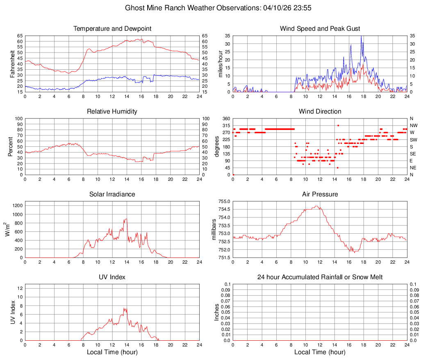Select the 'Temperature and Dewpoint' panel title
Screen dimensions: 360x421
click(x=112, y=29)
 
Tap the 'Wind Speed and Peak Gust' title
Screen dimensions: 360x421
click(x=320, y=29)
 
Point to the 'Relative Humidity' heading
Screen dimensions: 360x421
click(x=112, y=112)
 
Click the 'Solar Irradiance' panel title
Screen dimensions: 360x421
click(x=112, y=194)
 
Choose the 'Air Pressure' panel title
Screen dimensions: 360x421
click(x=320, y=194)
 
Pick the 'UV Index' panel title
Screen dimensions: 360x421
click(x=112, y=277)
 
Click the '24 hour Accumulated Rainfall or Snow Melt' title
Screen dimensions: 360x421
click(x=320, y=277)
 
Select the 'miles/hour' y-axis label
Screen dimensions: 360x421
click(x=220, y=64)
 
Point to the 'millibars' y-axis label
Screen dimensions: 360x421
click(x=214, y=230)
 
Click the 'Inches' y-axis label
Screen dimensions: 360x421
click(x=217, y=312)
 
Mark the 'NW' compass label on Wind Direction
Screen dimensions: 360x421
click(x=413, y=125)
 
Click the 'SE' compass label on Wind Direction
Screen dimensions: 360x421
click(x=413, y=154)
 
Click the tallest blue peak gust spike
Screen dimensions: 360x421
click(x=361, y=36)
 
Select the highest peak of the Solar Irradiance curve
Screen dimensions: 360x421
click(x=126, y=219)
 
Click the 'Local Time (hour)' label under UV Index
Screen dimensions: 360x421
click(x=112, y=352)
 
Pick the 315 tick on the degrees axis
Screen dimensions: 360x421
click(x=226, y=125)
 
